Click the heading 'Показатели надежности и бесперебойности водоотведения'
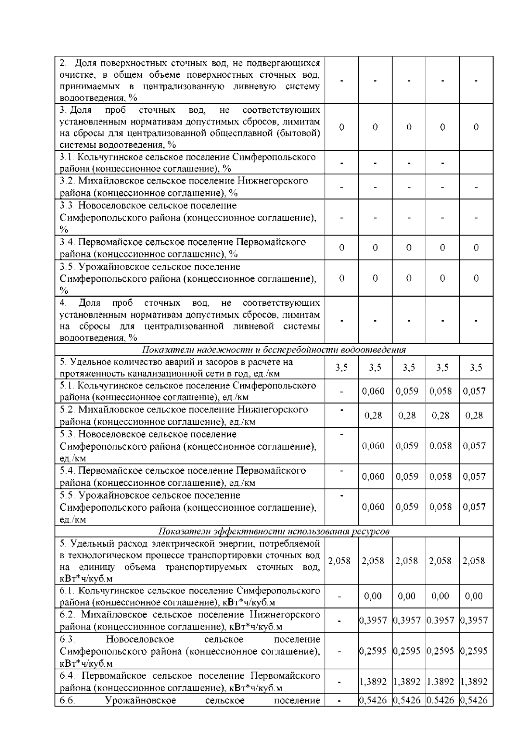pos(274,350)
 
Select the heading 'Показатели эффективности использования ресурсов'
pos(274,531)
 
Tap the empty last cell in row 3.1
pos(476,163)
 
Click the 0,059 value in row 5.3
pos(407,446)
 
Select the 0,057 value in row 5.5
pos(474,507)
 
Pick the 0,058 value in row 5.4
pos(441,476)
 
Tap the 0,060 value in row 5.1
pos(373,391)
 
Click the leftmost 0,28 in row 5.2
pos(373,415)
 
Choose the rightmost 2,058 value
pos(474,561)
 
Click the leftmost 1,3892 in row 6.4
pos(373,681)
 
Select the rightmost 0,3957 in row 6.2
pos(474,620)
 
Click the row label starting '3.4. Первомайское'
pos(183,248)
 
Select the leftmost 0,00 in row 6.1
pos(373,596)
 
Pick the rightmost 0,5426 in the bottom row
pos(474,700)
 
